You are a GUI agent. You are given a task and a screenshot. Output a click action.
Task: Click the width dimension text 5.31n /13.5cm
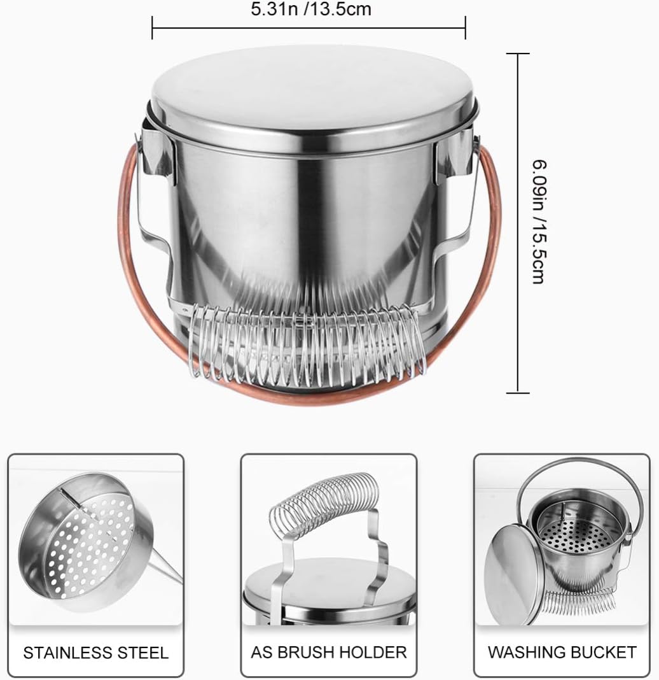[x=311, y=9]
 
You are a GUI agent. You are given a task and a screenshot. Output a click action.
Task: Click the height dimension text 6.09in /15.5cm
[x=539, y=222]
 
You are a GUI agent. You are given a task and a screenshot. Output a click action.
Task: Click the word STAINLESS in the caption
[x=64, y=653]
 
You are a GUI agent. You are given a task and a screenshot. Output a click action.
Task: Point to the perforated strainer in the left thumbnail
[x=87, y=542]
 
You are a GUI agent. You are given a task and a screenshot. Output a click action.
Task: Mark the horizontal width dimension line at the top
[x=309, y=28]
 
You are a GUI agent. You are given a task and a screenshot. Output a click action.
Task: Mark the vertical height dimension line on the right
[x=518, y=223]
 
